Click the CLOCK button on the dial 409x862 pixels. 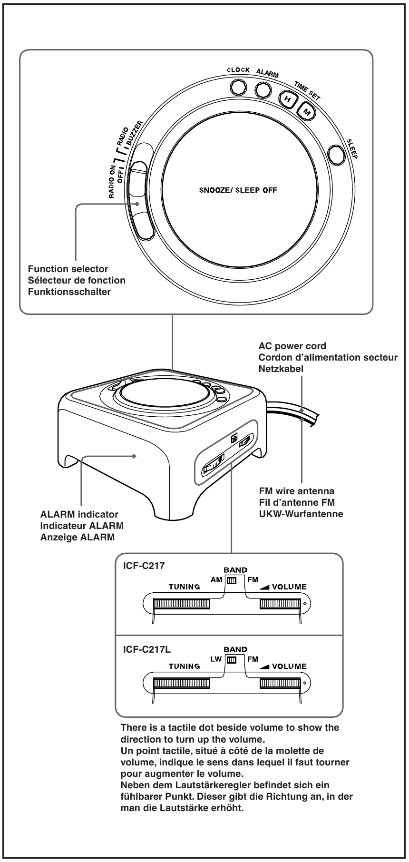tap(238, 87)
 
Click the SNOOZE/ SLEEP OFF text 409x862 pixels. tap(238, 190)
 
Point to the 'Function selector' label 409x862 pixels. tap(68, 269)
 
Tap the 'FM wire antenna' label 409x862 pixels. tap(293, 491)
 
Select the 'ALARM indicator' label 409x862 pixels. tap(79, 515)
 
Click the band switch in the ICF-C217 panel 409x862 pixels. tap(231, 580)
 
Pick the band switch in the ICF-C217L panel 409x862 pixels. tap(231, 660)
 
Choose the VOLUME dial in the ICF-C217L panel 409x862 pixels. tap(280, 684)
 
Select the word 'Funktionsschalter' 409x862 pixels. tap(69, 292)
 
